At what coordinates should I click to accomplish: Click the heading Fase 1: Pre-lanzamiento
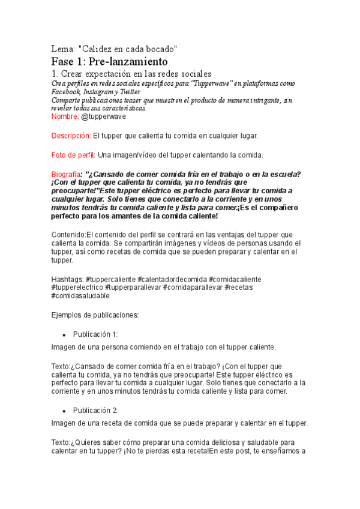[110, 61]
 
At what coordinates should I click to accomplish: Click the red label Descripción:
[71, 136]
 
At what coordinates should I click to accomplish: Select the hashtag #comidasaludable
[80, 296]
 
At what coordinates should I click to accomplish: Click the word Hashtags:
[68, 279]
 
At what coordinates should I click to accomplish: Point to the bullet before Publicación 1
[63, 334]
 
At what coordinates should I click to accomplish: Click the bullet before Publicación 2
[63, 411]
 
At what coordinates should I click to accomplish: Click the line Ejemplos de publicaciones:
[95, 315]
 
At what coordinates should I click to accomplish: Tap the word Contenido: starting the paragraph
[68, 234]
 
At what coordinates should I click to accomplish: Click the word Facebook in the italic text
[66, 92]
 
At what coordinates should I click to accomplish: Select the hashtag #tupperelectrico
[73, 288]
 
